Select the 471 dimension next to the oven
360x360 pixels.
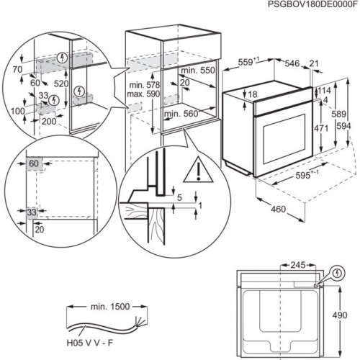coord(319,127)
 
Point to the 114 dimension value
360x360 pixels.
coord(324,91)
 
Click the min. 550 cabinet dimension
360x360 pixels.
coord(198,71)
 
